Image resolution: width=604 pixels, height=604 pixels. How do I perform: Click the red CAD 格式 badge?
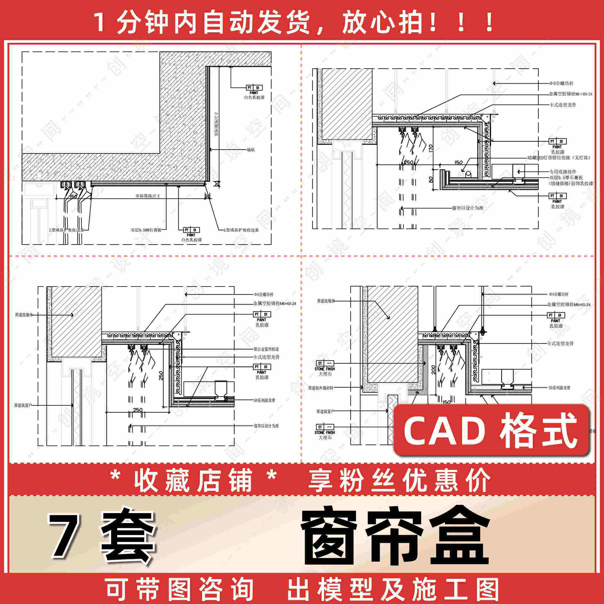(491, 430)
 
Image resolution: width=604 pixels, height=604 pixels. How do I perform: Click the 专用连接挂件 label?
(563, 172)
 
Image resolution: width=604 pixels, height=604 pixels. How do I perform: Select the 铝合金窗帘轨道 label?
(266, 349)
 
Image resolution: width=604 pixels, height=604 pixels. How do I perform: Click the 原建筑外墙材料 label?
(320, 388)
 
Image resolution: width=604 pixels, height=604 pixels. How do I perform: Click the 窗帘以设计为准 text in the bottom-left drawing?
(266, 426)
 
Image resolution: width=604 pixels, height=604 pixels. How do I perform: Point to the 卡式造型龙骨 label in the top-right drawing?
(562, 105)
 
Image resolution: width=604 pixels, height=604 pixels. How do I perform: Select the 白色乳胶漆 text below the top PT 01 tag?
(254, 97)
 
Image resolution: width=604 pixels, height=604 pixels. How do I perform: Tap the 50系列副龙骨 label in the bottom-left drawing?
(264, 400)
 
